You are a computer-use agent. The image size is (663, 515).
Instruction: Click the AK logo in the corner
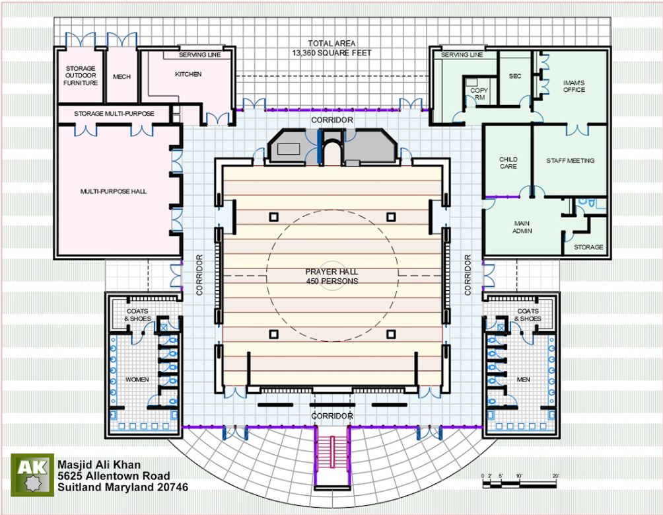click(x=32, y=475)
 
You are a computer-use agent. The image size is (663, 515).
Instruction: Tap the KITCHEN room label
click(x=188, y=74)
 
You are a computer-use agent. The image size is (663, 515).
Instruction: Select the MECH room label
click(x=122, y=77)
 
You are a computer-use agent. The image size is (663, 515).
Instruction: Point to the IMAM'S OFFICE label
click(x=575, y=86)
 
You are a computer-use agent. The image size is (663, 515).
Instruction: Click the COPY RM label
click(x=479, y=93)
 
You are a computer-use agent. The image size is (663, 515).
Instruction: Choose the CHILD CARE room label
click(x=508, y=163)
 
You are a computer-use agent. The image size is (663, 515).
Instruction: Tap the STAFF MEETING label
click(x=571, y=161)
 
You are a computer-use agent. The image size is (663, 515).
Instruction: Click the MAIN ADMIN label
click(x=522, y=227)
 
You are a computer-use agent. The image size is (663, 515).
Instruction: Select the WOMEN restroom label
click(x=137, y=379)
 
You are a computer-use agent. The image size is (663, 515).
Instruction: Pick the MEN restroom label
click(x=524, y=379)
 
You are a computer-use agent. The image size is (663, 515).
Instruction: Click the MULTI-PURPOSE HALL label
click(x=114, y=191)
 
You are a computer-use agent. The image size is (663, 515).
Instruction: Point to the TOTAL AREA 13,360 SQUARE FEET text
click(x=331, y=48)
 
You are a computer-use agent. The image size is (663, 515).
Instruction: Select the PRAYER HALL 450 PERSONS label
click(x=332, y=276)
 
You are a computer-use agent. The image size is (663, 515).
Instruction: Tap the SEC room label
click(x=515, y=76)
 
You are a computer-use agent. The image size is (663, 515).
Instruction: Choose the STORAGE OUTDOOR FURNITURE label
click(x=81, y=76)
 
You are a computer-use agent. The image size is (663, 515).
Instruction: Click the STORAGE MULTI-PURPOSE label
click(x=114, y=114)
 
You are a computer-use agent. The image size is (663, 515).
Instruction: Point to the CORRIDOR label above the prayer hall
click(x=332, y=120)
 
